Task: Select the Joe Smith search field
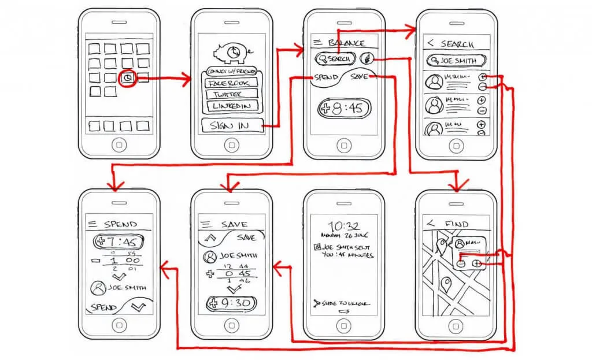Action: click(x=456, y=60)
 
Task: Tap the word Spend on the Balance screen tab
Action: click(x=327, y=77)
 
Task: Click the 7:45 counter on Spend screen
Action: click(x=119, y=241)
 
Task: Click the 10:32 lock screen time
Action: click(x=344, y=226)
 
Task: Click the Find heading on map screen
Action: click(x=457, y=224)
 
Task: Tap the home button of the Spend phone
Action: click(x=119, y=325)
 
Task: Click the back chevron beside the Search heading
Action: click(x=430, y=43)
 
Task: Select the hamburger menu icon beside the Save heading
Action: click(x=203, y=224)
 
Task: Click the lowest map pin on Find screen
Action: click(x=446, y=284)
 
